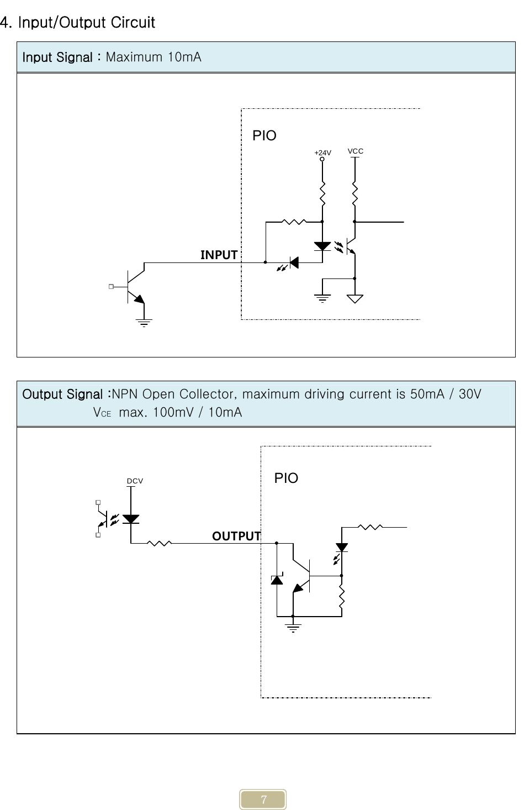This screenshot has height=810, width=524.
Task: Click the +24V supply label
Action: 322,152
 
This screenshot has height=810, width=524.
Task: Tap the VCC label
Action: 356,151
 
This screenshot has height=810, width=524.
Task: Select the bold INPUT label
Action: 219,255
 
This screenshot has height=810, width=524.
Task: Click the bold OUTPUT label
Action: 236,536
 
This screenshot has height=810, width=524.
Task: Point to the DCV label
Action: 135,481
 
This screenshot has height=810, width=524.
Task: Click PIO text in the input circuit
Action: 264,135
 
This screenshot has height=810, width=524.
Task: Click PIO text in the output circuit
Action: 286,478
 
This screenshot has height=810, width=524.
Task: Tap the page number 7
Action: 263,800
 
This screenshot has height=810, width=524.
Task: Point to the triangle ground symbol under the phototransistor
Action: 355,299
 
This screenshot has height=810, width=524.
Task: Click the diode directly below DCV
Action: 131,519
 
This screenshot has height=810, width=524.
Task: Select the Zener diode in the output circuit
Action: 277,579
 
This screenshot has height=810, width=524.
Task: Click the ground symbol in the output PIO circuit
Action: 293,627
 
